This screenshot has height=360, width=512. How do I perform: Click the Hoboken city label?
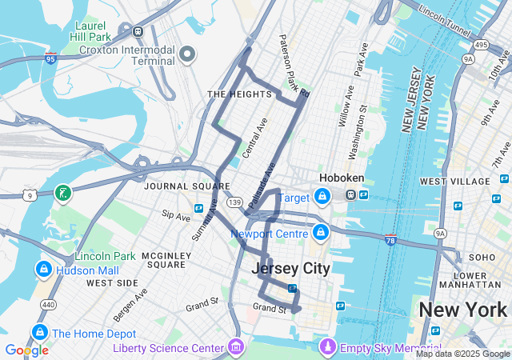click(x=342, y=178)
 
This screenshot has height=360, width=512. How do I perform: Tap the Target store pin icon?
click(x=322, y=195)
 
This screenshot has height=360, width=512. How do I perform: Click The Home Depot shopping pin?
click(x=38, y=332)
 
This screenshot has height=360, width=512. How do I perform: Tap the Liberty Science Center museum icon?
click(x=236, y=347)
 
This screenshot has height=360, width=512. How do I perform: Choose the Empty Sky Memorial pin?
click(x=327, y=347)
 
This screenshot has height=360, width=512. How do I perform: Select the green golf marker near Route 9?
click(x=62, y=193)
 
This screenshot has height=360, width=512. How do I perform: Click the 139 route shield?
click(x=234, y=202)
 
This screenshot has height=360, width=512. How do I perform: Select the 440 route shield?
click(x=48, y=305)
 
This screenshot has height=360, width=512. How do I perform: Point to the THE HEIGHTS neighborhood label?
click(x=239, y=94)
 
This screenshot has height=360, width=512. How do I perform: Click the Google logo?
click(x=26, y=350)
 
